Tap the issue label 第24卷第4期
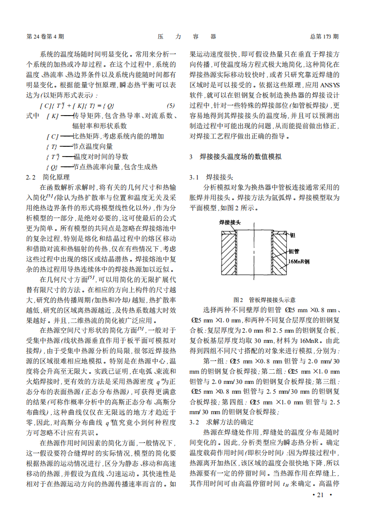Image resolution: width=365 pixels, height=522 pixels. point(45,37)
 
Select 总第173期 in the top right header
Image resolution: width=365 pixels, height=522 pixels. point(324,37)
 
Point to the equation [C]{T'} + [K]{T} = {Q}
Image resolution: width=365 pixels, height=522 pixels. point(77,106)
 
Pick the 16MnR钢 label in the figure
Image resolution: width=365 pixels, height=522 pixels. point(299,261)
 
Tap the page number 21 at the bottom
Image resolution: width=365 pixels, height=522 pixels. point(321,495)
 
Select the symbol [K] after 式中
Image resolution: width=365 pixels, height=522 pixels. point(53,116)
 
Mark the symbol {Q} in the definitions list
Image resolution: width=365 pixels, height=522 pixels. point(52,167)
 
